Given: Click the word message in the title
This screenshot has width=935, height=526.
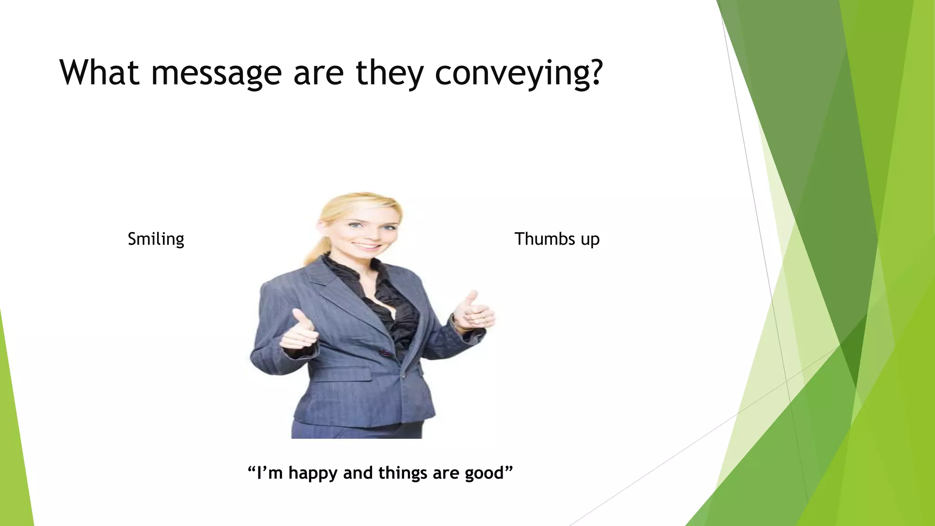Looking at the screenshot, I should point(216,74).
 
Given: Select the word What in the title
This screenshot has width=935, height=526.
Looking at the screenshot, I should point(99,73).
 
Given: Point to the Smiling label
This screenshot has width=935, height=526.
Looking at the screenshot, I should point(156,239).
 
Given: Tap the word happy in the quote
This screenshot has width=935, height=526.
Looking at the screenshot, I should point(313,473).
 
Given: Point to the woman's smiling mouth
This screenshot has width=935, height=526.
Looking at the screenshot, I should point(367,246).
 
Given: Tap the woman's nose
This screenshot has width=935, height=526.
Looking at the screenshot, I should point(368,233).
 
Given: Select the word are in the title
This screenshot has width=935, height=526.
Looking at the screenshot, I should point(318,74).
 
